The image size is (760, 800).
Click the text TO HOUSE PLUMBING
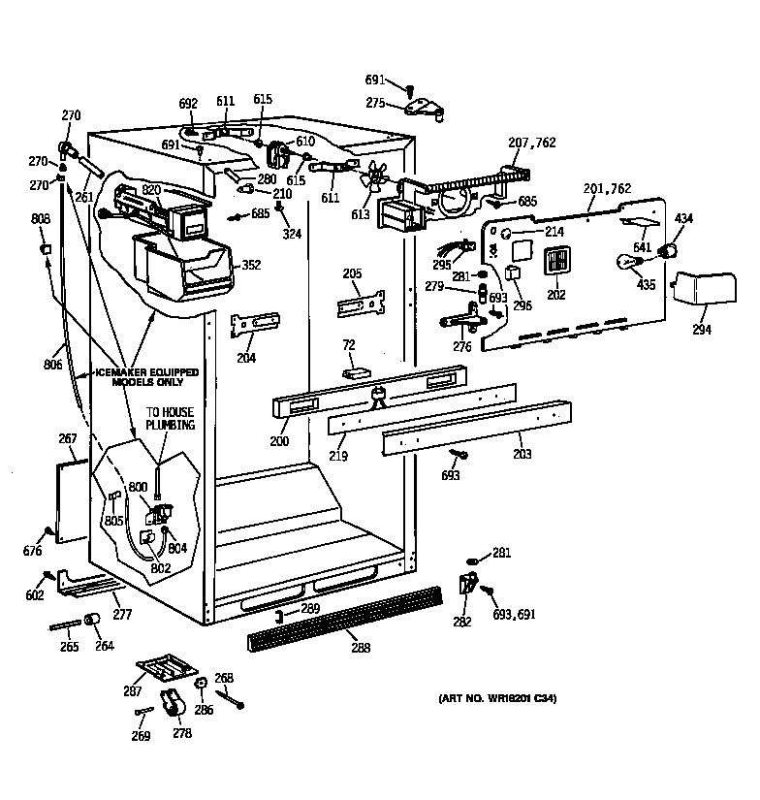pos(171,419)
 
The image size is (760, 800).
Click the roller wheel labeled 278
pos(174,712)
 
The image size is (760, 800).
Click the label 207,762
pos(532,143)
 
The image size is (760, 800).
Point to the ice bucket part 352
pos(184,267)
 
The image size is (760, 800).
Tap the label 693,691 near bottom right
pos(514,614)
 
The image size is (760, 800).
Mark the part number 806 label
pos(52,365)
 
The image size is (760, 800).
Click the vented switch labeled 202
pos(554,263)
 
